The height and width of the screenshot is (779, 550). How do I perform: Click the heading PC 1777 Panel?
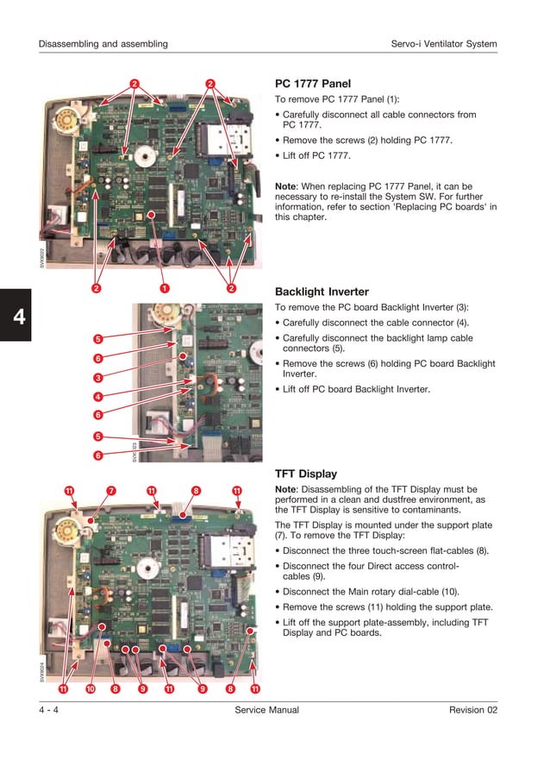312,84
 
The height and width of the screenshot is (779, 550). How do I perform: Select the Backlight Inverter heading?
322,292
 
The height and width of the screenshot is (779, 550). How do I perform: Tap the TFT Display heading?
305,474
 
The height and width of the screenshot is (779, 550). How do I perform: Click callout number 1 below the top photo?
163,287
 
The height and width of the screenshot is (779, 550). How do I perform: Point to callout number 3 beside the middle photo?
98,378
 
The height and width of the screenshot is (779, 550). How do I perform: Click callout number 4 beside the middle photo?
98,397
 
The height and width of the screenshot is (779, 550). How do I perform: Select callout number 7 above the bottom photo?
111,491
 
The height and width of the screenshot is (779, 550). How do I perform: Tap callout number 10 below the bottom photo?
90,688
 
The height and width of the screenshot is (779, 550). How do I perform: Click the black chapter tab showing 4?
16,317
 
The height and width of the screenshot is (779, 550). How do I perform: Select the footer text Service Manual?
266,710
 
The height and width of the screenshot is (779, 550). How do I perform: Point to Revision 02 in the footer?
472,710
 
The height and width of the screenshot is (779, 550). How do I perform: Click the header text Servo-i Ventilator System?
443,44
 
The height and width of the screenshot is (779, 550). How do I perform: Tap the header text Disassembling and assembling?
103,44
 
